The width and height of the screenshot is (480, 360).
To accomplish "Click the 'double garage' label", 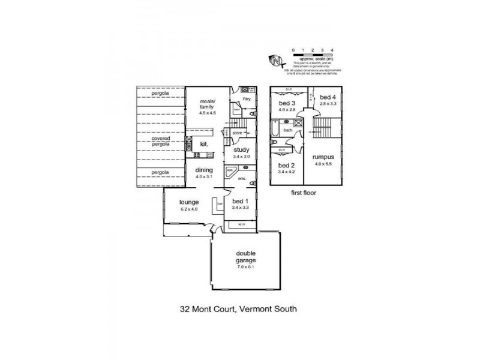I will [246, 256].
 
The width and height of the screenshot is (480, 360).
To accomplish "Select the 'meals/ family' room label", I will [207, 106].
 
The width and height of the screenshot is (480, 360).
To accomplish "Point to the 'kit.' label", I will [204, 144].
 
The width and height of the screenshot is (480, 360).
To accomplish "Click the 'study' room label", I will [241, 150].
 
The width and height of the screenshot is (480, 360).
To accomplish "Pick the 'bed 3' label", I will [284, 103].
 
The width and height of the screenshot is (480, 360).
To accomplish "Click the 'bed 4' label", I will [328, 97].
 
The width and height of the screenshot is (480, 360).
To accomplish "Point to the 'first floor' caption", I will [302, 194].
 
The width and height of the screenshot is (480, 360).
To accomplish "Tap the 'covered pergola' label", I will [161, 141].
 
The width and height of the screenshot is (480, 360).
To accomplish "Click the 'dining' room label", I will [204, 170].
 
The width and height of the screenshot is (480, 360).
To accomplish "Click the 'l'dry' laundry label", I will [245, 98].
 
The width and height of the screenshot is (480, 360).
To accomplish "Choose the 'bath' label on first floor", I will [288, 130].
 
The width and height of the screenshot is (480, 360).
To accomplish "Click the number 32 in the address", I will [186, 310].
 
